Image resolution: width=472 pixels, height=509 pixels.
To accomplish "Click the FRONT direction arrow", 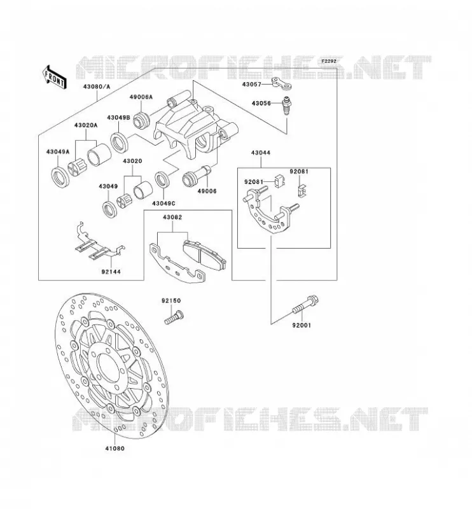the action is [x=54, y=77].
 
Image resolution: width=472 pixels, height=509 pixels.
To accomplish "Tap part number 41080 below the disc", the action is [x=115, y=449].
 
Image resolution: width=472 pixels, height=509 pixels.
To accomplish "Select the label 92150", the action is [x=171, y=301].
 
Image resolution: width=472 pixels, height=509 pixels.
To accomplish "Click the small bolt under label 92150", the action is [x=174, y=317].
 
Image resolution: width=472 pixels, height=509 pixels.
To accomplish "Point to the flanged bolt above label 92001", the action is [x=305, y=305].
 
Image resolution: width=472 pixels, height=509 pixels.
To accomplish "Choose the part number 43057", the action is [x=251, y=85].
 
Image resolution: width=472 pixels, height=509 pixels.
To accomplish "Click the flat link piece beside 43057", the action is [x=281, y=83].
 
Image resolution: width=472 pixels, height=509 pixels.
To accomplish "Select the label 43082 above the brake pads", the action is [x=172, y=218].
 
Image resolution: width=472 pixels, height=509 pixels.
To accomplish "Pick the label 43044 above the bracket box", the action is [x=261, y=153].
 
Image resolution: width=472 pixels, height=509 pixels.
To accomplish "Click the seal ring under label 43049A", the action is [x=60, y=178].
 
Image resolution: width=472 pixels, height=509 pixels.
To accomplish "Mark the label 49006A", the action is [x=141, y=97].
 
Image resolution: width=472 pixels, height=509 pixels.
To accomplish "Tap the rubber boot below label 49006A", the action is [x=141, y=120].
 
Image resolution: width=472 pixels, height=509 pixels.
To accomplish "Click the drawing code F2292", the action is [x=329, y=60].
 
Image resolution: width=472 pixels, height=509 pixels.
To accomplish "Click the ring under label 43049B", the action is [x=119, y=141].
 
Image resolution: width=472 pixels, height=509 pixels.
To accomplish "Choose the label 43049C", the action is [x=163, y=204].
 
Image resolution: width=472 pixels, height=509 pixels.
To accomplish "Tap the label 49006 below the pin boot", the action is [x=207, y=192].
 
